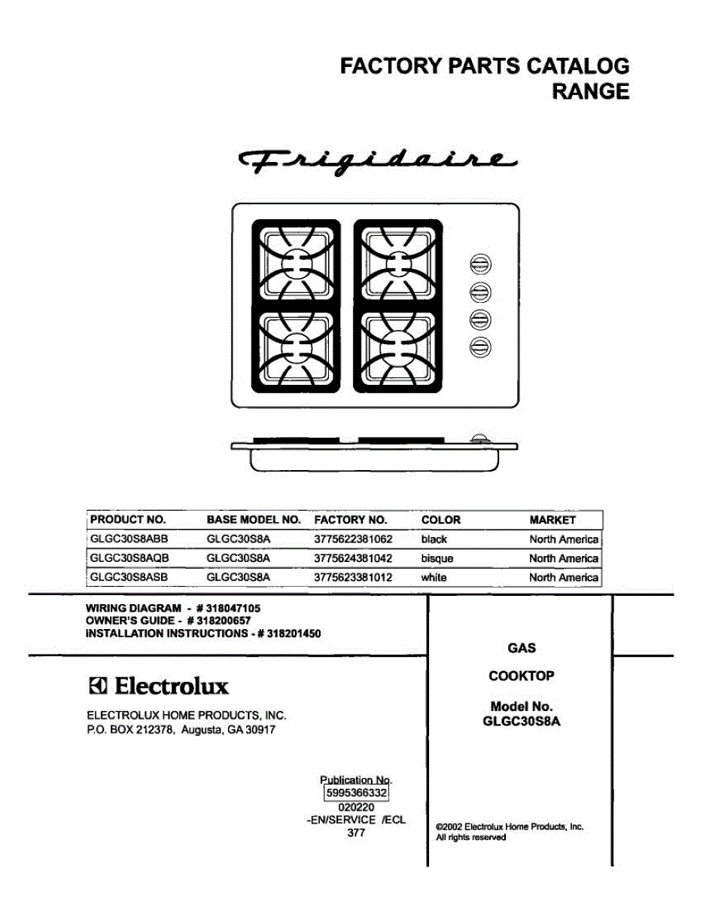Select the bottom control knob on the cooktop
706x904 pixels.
tap(481, 346)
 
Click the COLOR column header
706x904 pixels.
tap(441, 520)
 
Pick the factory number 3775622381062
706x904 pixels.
tap(353, 539)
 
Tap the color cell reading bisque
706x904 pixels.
tap(437, 559)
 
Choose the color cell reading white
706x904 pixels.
tap(434, 578)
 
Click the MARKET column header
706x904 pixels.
tap(552, 520)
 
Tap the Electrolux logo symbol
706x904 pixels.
tap(99, 686)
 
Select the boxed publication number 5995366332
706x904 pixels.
tap(356, 793)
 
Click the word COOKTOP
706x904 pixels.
tap(521, 676)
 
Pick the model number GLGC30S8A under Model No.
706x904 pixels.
tap(521, 721)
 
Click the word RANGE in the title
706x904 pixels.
tap(591, 92)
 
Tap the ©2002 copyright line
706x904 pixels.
tap(510, 826)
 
